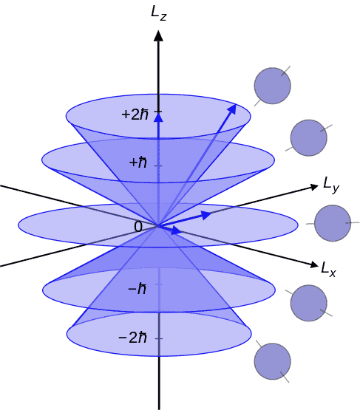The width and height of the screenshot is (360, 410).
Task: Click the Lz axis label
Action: click(x=159, y=13)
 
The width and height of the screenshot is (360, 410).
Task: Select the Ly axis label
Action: click(x=331, y=185)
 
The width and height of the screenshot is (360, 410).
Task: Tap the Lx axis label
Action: click(x=328, y=270)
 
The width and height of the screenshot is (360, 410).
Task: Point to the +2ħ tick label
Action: click(x=135, y=115)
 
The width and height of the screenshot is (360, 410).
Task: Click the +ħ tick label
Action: click(x=138, y=162)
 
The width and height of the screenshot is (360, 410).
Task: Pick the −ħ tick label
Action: click(x=137, y=289)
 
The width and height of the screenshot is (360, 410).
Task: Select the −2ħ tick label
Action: click(x=132, y=338)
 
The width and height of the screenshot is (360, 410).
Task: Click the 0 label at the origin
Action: click(x=138, y=227)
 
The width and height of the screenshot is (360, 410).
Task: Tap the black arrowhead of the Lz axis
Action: click(x=158, y=35)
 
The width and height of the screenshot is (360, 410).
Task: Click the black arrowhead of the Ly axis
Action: click(x=313, y=187)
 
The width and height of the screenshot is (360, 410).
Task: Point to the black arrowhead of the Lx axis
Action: click(x=313, y=264)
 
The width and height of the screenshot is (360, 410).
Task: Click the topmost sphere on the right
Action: click(x=272, y=86)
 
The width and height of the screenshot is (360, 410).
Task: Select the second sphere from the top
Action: click(x=309, y=138)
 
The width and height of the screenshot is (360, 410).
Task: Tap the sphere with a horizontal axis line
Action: click(x=333, y=223)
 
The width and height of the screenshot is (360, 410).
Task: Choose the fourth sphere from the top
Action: click(x=309, y=303)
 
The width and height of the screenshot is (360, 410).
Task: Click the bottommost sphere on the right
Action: click(x=272, y=361)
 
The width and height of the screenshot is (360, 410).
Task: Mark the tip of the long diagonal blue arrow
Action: click(x=236, y=104)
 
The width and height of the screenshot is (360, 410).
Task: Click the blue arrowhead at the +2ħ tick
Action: click(x=158, y=117)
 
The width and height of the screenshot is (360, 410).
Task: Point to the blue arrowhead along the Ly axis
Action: click(x=206, y=215)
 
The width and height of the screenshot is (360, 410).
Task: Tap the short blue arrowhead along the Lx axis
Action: click(x=177, y=230)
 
